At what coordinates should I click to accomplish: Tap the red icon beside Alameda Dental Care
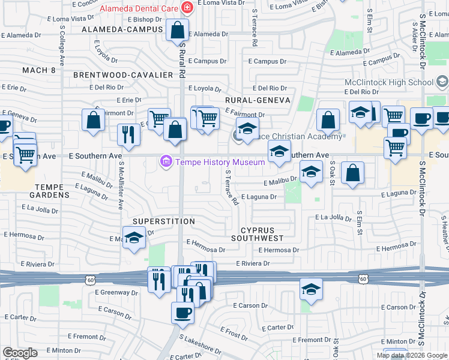tap(188, 8)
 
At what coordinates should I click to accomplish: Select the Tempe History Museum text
tap(219, 162)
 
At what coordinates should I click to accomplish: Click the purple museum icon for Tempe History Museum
tap(166, 162)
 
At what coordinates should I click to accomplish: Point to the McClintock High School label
tap(388, 82)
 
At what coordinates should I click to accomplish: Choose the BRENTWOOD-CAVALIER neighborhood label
tap(123, 75)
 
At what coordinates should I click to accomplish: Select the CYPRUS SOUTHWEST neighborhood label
tap(261, 234)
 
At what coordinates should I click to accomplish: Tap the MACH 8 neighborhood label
tap(38, 70)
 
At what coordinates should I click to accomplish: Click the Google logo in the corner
tap(20, 353)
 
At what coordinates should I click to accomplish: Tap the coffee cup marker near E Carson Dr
tap(182, 312)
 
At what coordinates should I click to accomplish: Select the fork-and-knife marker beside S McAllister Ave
tap(128, 134)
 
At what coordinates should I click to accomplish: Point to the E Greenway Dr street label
tap(116, 293)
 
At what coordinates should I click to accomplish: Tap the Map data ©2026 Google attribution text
tap(412, 355)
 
